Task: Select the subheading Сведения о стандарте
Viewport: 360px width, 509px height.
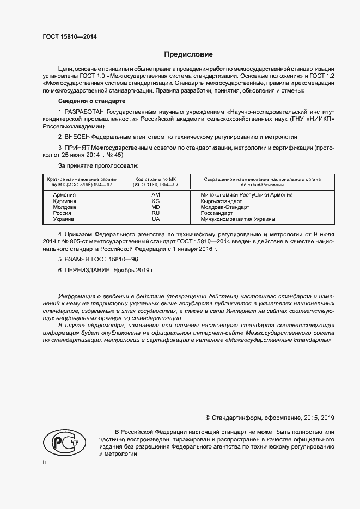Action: [x=91, y=102]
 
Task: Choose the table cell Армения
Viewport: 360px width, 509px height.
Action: [x=64, y=195]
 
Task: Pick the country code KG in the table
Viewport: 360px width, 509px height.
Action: [x=155, y=201]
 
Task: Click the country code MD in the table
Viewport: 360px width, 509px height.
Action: [x=155, y=207]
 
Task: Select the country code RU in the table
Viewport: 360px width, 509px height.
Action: [x=155, y=213]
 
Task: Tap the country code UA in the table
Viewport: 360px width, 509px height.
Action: [x=155, y=219]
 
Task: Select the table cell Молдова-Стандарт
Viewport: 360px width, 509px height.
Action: [x=224, y=207]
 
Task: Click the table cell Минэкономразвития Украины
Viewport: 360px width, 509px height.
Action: [x=237, y=219]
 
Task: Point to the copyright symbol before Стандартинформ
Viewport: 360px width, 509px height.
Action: [x=208, y=417]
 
